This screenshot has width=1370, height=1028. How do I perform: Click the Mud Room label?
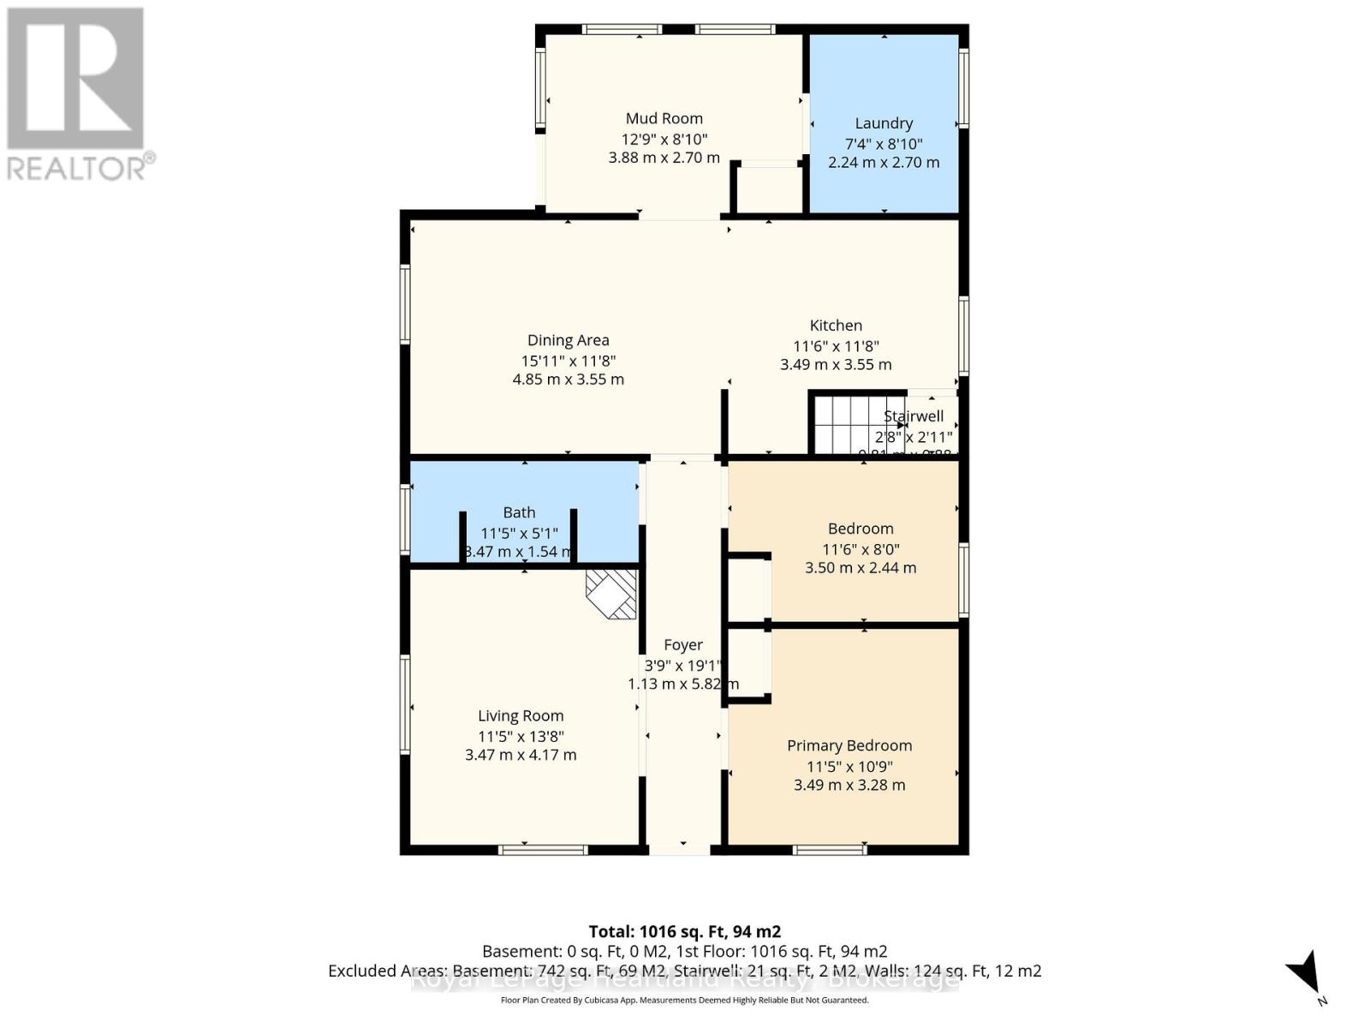[x=664, y=119]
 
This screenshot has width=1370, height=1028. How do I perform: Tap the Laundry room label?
[x=884, y=123]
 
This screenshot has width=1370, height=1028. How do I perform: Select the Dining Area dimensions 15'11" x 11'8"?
[x=568, y=362]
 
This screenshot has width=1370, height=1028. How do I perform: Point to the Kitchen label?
[x=836, y=326]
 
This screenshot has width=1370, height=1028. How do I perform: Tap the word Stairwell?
[x=914, y=416]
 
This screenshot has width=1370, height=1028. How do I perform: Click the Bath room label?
[x=519, y=512]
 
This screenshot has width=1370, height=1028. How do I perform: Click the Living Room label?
[x=521, y=716]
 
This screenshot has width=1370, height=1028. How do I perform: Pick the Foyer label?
[x=683, y=645]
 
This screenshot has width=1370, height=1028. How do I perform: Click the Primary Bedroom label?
[x=849, y=746]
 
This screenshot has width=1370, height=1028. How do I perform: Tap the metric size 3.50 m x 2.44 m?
[x=861, y=568]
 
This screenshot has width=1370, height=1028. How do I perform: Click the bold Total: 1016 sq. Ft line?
[x=684, y=931]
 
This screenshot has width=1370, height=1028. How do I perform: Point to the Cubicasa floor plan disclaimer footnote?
[x=684, y=1001]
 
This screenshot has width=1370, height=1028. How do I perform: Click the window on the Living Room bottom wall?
[x=543, y=850]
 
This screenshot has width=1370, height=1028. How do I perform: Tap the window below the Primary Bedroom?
[x=829, y=850]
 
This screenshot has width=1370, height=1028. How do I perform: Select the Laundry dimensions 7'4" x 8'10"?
[x=884, y=144]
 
